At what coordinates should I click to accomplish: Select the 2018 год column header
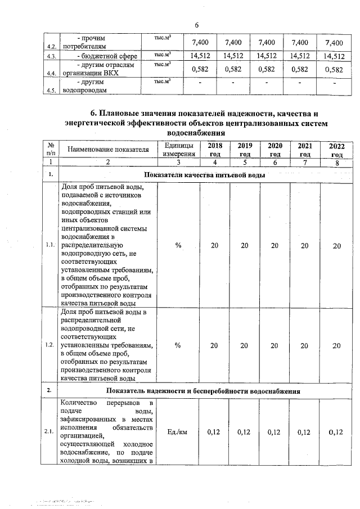(214, 150)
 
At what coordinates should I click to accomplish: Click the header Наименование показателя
(108, 150)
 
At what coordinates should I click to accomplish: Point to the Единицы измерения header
(178, 150)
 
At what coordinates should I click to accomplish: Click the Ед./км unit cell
(178, 432)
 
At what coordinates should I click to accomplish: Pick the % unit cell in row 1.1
(178, 246)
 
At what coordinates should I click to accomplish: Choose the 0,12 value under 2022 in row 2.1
(336, 432)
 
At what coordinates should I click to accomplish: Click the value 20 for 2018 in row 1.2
(214, 345)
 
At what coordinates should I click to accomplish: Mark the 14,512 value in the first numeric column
(201, 56)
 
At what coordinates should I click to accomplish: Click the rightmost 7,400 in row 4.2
(333, 43)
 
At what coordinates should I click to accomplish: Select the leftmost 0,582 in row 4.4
(201, 69)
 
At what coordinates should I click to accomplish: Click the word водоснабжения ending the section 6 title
(196, 133)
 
